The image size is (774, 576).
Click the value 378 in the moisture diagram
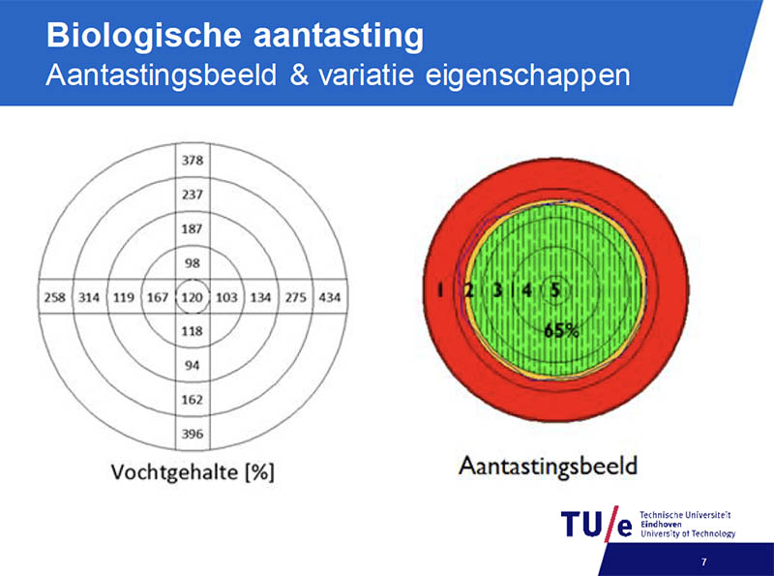[193, 160]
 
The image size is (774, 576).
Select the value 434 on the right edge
[330, 297]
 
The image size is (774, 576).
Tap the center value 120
[193, 297]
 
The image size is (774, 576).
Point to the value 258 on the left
[55, 297]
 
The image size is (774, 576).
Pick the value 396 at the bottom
[193, 434]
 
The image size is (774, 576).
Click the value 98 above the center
[193, 262]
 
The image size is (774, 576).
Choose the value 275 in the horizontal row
[296, 297]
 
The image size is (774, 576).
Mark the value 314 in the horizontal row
[89, 297]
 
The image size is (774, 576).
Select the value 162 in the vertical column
[193, 399]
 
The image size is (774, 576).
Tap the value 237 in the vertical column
[193, 195]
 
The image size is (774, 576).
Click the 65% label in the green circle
[561, 330]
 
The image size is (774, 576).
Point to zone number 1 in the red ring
[440, 290]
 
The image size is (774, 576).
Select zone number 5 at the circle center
[555, 290]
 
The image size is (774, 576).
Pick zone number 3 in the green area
[497, 290]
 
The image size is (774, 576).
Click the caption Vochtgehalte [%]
[193, 471]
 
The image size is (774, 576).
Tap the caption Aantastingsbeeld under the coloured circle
[548, 467]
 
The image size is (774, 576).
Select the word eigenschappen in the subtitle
[527, 76]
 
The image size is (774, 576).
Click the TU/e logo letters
[596, 524]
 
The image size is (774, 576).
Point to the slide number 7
[704, 561]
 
